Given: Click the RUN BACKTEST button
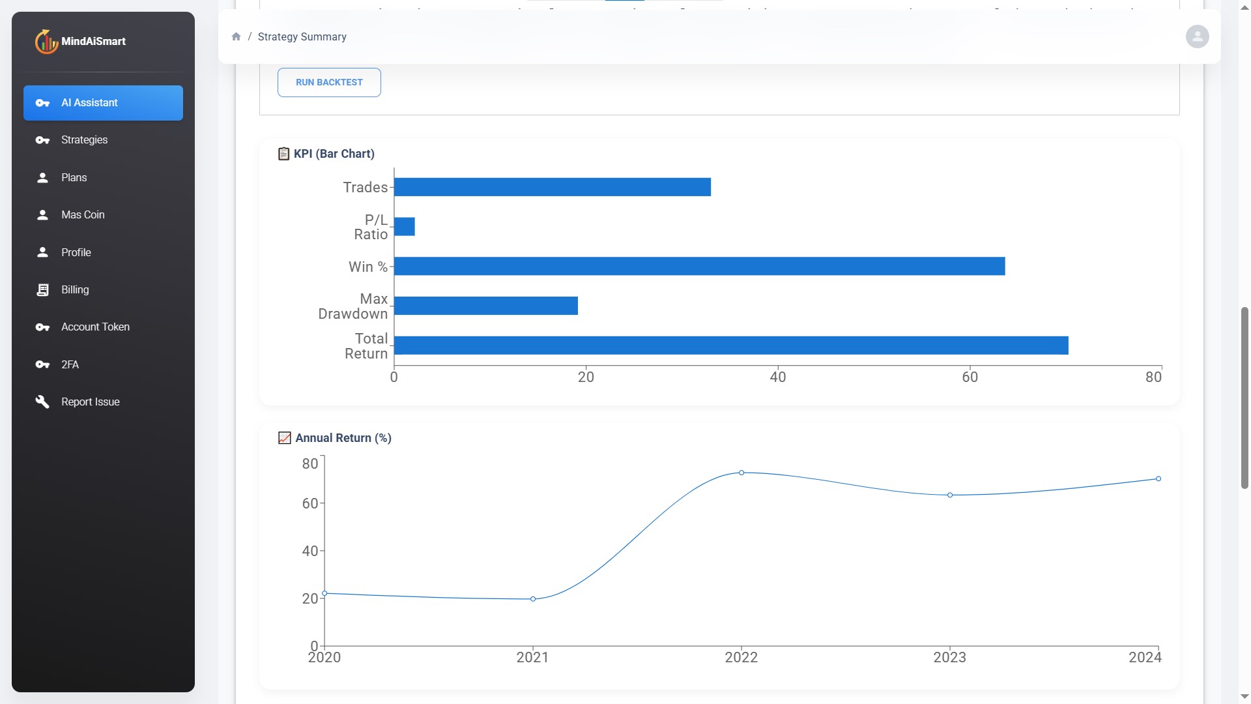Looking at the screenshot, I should click(x=329, y=83).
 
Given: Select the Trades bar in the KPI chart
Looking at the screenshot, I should click(x=552, y=187).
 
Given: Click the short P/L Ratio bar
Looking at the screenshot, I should click(x=405, y=227).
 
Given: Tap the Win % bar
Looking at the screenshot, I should click(x=699, y=267).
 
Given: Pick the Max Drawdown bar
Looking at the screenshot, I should click(x=485, y=306).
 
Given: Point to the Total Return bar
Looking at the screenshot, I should click(x=730, y=345).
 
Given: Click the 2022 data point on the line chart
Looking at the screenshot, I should click(x=741, y=473).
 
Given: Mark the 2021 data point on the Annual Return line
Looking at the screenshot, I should click(x=533, y=599).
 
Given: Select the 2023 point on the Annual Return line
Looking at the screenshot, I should click(x=950, y=495).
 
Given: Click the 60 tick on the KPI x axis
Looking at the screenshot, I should click(x=970, y=377).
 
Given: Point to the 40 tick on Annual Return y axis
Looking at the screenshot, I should click(x=310, y=551).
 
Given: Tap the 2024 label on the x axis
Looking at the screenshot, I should click(x=1145, y=657).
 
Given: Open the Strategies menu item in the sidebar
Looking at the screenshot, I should click(x=84, y=140).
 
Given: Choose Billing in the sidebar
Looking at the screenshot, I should click(x=75, y=290).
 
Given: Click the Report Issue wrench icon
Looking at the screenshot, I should click(x=42, y=402).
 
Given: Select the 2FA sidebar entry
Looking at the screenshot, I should click(x=70, y=364).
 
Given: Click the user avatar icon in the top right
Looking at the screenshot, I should click(x=1197, y=37).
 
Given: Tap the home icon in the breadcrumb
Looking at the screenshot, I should click(x=236, y=37).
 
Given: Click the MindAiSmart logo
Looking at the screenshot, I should click(x=80, y=42).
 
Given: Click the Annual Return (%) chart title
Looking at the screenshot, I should click(x=343, y=438).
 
